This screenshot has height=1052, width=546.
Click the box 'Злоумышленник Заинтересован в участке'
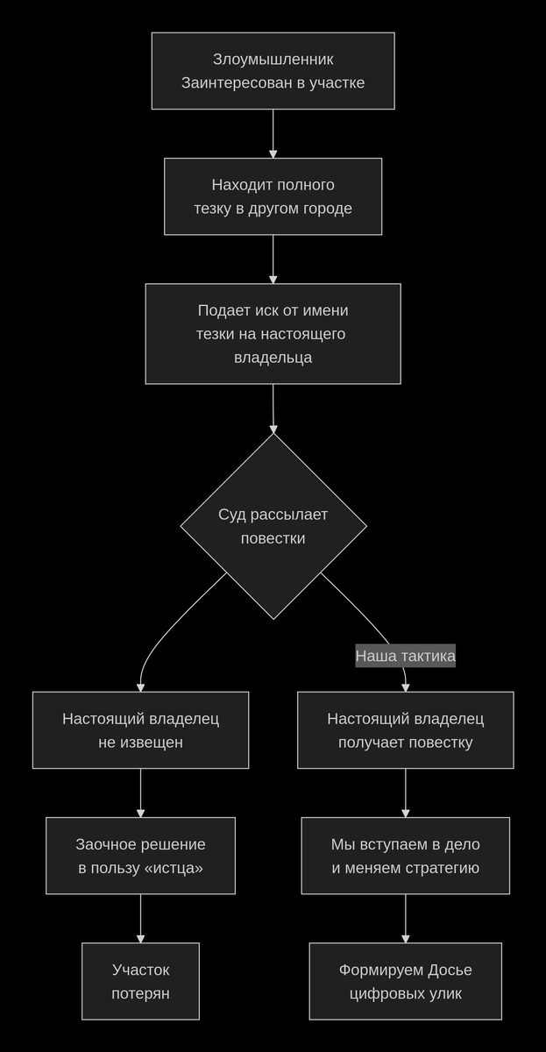273,71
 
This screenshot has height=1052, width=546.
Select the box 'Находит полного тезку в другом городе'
273,196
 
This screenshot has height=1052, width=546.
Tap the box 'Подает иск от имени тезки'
273,334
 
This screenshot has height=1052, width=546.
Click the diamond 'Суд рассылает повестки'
273,526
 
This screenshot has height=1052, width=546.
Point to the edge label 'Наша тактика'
405,656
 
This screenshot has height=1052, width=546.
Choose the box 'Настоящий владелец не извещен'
140,730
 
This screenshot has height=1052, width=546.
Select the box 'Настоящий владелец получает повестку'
405,730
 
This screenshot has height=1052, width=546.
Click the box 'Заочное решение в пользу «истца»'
140,856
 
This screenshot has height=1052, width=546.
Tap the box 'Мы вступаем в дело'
405,856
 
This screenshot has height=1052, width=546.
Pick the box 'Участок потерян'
140,981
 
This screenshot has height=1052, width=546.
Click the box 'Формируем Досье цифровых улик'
405,981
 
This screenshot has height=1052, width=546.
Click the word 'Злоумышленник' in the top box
273,60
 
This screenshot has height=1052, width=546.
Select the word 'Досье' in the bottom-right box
450,970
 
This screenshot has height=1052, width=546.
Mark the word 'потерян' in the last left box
140,993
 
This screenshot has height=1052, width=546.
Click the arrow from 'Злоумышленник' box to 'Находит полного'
273,133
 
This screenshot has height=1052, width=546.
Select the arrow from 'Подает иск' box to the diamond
273,409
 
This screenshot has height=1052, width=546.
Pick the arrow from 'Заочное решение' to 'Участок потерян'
140,918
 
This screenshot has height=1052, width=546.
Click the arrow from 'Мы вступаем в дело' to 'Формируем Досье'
405,918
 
